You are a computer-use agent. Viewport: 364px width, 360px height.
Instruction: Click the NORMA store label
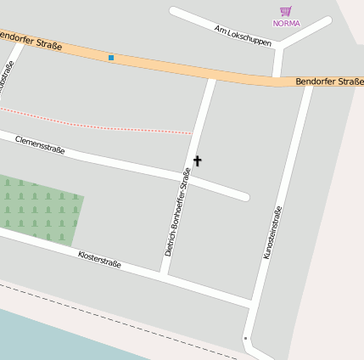tap(286, 23)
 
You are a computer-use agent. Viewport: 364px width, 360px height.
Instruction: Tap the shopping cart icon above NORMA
tap(286, 11)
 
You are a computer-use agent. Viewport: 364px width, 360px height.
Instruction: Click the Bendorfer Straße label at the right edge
tap(329, 82)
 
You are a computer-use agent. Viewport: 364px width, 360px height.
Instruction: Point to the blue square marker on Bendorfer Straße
tap(111, 58)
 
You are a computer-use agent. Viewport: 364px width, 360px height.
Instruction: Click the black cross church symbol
tap(198, 160)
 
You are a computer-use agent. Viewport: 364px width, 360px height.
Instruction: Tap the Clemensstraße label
tap(40, 144)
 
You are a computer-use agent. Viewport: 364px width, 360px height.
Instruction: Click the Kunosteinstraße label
tap(272, 231)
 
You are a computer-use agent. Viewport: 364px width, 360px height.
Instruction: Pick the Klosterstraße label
tap(99, 259)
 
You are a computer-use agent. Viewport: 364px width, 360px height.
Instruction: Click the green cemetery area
tap(38, 208)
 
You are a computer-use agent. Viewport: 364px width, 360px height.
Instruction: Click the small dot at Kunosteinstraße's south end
tap(245, 339)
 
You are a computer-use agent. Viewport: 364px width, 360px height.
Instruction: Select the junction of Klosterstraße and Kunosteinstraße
tap(252, 303)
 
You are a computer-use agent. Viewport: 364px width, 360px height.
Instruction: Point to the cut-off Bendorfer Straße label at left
tap(31, 40)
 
